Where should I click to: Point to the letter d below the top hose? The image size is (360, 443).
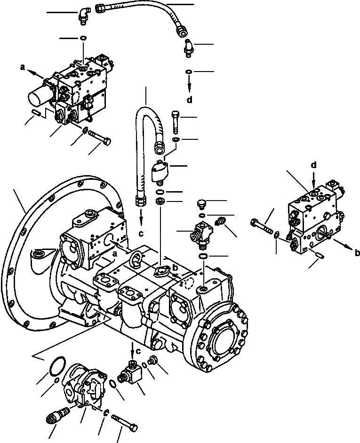pyautogui.click(x=189, y=100)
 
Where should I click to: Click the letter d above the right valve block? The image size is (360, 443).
pyautogui.click(x=313, y=165)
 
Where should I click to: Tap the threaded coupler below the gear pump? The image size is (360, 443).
pyautogui.click(x=56, y=417)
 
